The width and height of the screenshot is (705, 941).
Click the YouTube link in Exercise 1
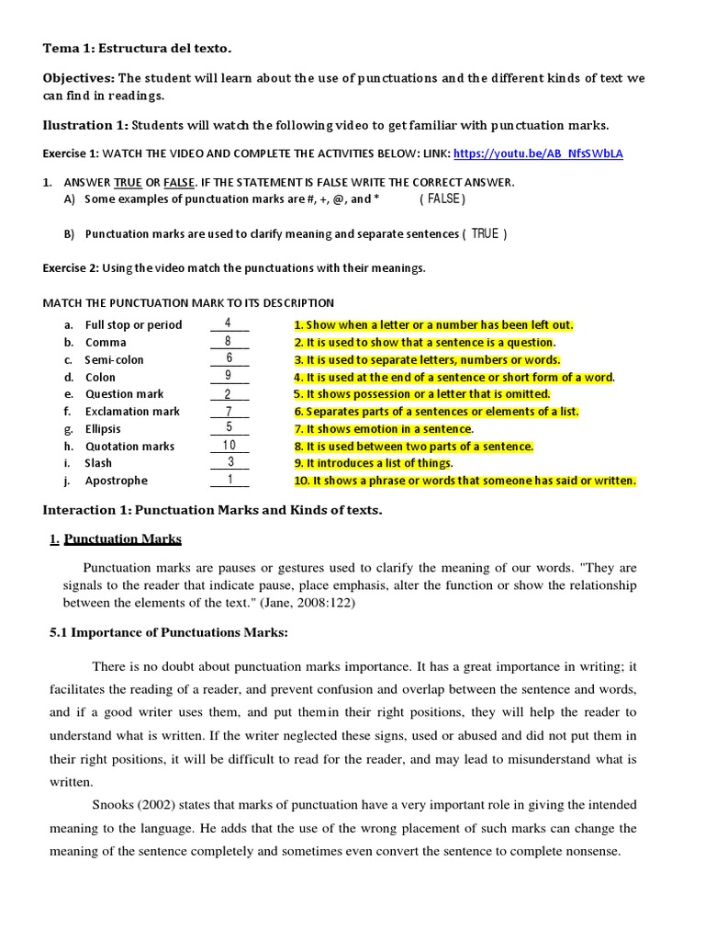tap(538, 153)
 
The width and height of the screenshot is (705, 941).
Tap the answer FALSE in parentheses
tap(442, 198)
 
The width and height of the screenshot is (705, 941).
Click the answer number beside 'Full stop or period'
tap(229, 323)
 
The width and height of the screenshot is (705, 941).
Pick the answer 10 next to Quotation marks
tap(229, 446)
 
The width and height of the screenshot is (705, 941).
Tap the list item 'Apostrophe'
tap(116, 481)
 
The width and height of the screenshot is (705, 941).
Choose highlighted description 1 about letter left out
tap(433, 325)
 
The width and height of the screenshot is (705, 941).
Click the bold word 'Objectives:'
tap(78, 78)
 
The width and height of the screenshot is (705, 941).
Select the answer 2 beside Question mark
tap(229, 393)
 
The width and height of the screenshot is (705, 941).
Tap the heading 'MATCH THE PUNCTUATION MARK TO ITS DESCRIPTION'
tap(189, 302)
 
